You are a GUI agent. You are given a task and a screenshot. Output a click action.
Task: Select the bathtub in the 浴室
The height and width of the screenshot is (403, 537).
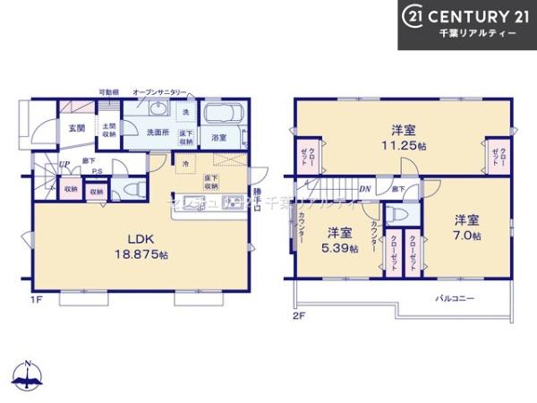(219, 116)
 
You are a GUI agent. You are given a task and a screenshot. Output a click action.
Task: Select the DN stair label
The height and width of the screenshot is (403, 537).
(365, 189)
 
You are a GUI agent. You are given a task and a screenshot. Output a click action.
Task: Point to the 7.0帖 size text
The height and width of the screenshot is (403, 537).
(465, 236)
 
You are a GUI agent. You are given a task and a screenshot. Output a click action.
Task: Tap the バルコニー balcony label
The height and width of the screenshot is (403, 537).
(455, 296)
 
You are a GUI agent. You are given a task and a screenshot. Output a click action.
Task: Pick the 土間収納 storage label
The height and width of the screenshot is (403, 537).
(107, 130)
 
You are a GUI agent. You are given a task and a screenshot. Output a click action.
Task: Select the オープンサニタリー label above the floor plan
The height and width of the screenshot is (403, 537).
(159, 91)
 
